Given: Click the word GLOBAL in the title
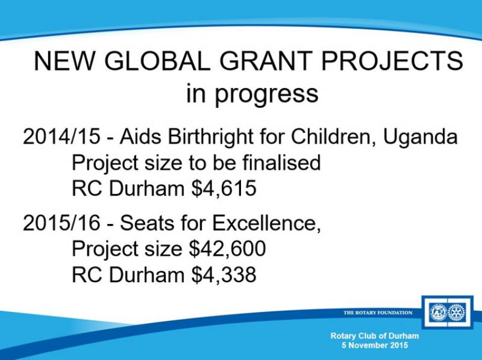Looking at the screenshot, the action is point(157,61).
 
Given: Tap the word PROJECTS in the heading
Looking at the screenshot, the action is point(392,61).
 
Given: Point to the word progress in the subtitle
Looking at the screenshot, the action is point(266,95).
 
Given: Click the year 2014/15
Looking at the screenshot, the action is point(61,136).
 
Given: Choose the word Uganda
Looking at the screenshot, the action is point(420,137).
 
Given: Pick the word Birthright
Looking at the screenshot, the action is point(210,137).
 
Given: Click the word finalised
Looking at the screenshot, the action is point(281,162).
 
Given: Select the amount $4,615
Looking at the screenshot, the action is point(224,188).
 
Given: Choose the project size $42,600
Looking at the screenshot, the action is point(228,248).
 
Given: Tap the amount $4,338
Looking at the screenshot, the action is point(224,275).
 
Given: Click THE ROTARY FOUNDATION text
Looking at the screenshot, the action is point(378,312).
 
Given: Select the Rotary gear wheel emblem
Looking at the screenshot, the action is point(457,312).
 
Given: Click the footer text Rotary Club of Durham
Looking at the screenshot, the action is point(375,336).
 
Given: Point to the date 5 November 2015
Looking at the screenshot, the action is point(375,345).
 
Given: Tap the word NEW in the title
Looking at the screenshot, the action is point(64,61).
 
